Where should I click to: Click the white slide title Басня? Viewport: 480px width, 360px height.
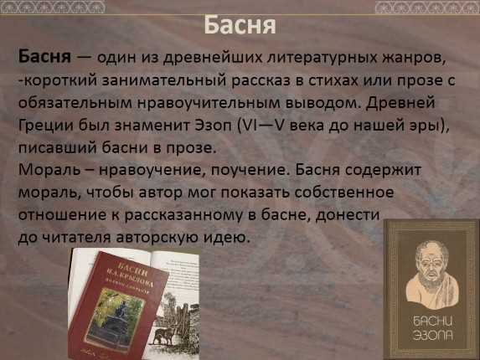pos(240,25)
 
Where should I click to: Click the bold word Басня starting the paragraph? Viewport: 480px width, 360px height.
pos(44,56)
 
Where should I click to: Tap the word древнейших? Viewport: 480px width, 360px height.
pos(213,58)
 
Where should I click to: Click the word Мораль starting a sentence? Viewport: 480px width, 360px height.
pos(49,170)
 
